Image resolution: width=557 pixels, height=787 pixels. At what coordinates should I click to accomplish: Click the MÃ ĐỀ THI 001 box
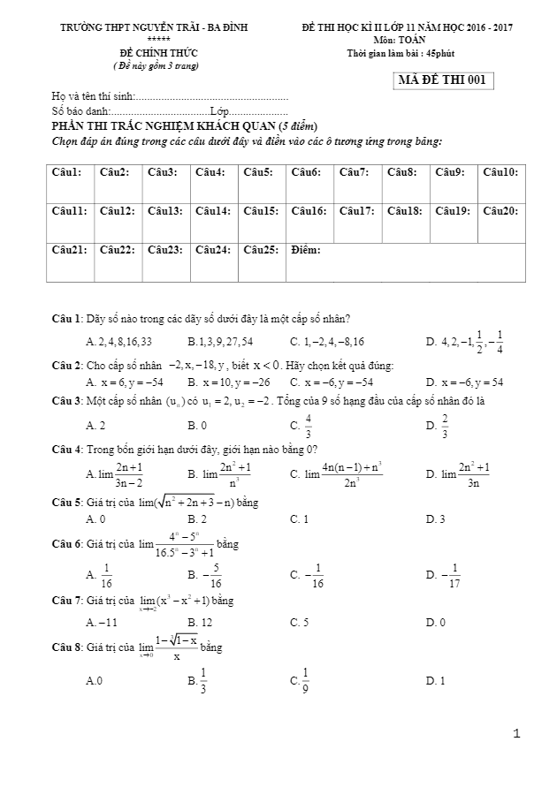443,81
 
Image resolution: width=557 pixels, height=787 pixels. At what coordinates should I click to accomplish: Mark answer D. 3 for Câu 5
435,518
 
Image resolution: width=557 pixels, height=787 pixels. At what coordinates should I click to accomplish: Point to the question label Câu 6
66,543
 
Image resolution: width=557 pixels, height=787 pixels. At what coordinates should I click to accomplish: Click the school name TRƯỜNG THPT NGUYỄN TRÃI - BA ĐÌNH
154,28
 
